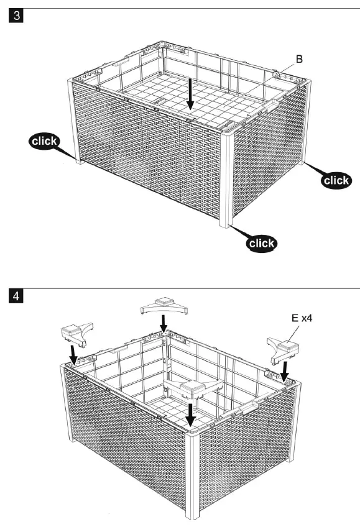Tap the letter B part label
[x=299, y=60]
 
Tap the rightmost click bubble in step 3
[x=336, y=180]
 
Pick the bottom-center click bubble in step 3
[x=261, y=243]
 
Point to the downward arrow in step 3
[x=191, y=93]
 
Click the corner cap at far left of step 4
[x=76, y=334]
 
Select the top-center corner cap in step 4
[x=163, y=305]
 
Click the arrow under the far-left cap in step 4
[x=74, y=355]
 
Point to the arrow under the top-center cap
[x=163, y=323]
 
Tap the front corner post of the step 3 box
[x=226, y=180]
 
